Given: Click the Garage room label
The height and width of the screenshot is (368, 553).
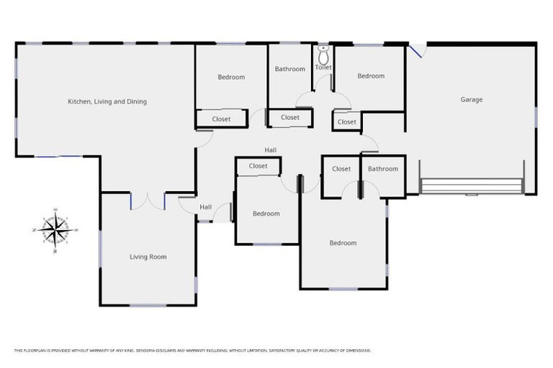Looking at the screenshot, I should click(471, 99).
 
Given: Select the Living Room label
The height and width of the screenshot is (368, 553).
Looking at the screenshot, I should click(148, 257).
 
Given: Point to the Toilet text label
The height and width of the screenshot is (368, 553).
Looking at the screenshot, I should click(323, 67).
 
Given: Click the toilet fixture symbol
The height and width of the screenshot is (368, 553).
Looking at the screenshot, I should click(323, 53).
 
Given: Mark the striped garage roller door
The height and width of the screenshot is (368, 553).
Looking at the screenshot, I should click(472, 186).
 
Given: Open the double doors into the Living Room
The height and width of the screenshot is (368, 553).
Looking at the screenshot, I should click(148, 201).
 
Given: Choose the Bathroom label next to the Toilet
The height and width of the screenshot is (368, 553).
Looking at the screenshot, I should click(289, 69).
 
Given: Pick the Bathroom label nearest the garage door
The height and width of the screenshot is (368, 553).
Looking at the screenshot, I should click(382, 169).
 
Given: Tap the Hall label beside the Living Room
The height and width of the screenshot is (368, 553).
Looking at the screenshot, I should click(205, 207).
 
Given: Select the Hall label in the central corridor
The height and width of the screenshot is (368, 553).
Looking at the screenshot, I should click(270, 150).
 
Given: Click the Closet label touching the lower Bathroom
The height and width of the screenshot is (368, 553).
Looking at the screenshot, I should click(341, 169).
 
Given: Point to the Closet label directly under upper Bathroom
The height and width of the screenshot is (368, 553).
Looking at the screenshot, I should click(290, 117).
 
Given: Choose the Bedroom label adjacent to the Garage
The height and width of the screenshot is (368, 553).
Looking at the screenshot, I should click(371, 76).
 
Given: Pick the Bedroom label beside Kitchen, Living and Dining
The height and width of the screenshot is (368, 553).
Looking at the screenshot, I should click(231, 77).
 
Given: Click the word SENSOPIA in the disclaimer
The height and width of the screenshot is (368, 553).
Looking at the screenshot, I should click(147, 351).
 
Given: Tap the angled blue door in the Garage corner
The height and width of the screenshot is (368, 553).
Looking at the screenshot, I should click(416, 50).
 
